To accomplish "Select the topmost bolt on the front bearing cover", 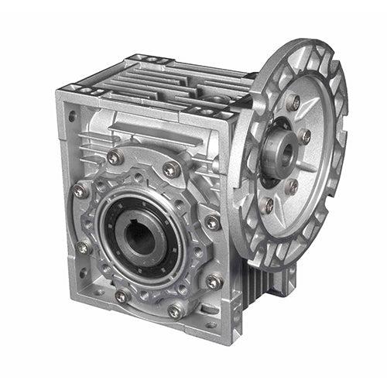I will point(115,159).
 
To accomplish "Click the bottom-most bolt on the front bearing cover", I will point(176,311).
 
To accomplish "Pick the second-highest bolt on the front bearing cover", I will point(171,168).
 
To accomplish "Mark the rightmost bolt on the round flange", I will point(305,137).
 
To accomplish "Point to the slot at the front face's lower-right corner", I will point(210,323).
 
